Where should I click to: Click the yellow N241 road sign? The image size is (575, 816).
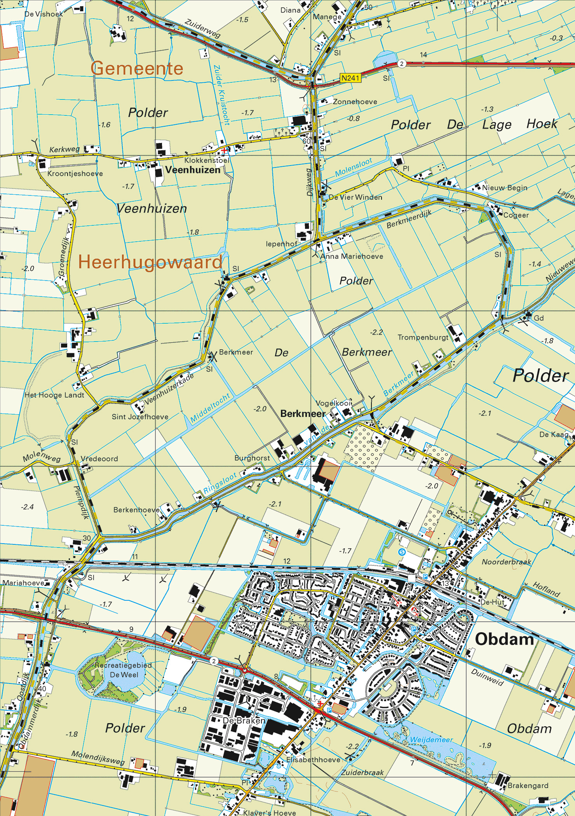tap(350, 78)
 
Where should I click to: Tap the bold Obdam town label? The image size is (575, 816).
tap(504, 639)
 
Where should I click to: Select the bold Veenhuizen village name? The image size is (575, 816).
tap(193, 170)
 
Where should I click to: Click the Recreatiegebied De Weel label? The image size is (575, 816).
tap(123, 670)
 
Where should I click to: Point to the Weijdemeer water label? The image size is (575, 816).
tap(431, 740)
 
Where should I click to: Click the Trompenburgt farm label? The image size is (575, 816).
tap(423, 337)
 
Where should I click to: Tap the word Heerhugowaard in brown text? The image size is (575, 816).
tap(150, 262)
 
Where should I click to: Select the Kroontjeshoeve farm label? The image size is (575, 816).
tap(75, 174)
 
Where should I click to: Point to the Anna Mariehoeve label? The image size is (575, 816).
tap(352, 256)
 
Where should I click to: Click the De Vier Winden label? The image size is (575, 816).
tap(355, 197)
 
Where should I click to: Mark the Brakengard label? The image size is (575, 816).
tap(528, 786)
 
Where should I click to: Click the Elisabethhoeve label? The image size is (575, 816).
tap(313, 760)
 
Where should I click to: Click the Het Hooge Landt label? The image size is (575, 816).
tap(54, 395)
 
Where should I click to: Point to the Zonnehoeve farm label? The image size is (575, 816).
tap(355, 102)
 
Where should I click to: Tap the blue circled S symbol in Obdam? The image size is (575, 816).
tap(402, 552)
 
